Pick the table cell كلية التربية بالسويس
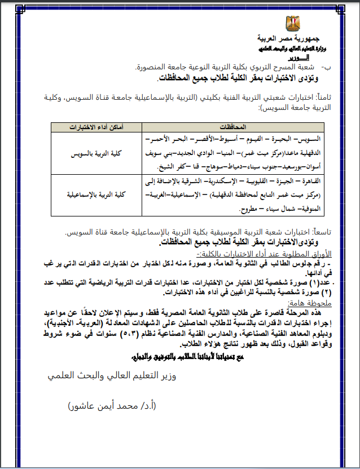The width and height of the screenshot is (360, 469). pos(93,153)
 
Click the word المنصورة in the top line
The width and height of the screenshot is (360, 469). pos(155,66)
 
